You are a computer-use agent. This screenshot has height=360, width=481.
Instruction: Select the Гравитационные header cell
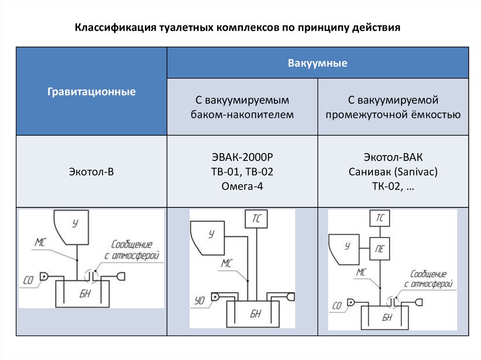92,92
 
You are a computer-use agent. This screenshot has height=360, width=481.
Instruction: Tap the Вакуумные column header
318,62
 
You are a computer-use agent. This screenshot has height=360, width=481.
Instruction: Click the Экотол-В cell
92,172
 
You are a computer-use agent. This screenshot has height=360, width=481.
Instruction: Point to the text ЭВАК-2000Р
242,157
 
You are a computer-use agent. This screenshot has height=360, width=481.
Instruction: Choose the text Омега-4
242,186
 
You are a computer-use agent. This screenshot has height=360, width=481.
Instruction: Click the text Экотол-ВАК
393,157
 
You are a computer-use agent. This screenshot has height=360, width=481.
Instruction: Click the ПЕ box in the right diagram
380,248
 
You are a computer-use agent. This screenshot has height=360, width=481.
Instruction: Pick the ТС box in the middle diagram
256,219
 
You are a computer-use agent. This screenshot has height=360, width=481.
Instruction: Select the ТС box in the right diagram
380,218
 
